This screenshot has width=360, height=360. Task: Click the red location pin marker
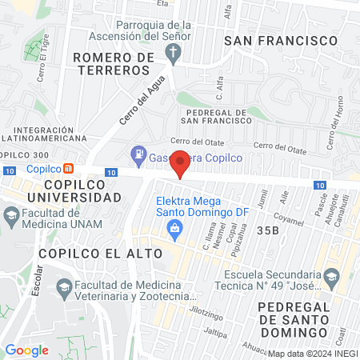pos(181,162)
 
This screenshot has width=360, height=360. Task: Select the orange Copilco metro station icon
pos(70,169)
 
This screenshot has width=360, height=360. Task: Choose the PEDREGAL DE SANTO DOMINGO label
pos(293,319)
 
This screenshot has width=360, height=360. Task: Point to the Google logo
pos(26,350)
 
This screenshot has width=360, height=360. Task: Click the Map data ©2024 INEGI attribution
pos(312,354)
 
